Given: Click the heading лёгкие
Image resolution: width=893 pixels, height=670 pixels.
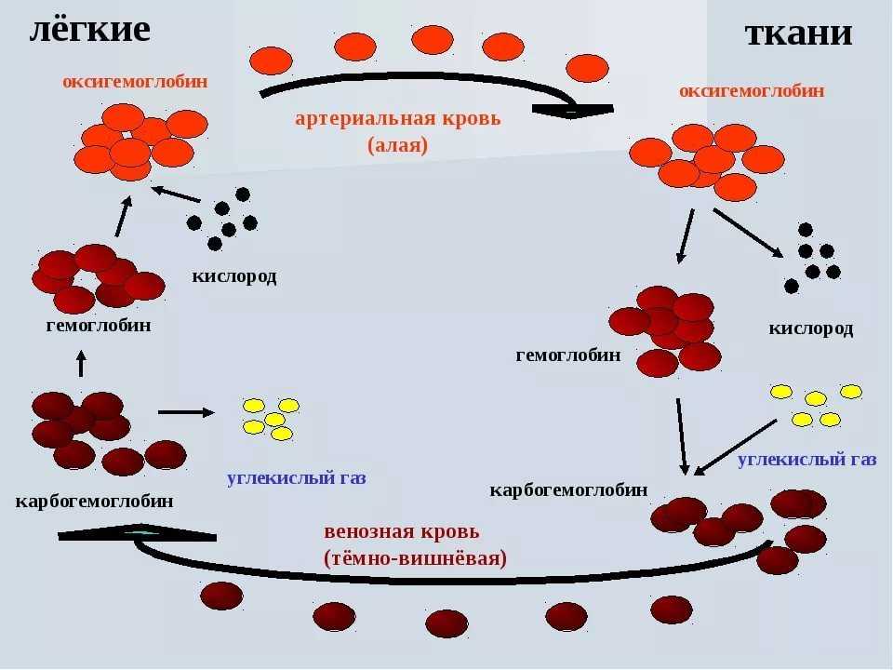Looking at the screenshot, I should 89,29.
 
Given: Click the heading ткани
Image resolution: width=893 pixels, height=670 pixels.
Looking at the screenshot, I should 798,33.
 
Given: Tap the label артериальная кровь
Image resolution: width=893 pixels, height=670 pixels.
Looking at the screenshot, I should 397,118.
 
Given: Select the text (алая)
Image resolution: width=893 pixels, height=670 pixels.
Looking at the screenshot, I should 397,145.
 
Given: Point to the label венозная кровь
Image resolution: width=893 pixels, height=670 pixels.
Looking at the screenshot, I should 402,531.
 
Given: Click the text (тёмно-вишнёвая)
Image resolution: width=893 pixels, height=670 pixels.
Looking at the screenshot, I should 416,558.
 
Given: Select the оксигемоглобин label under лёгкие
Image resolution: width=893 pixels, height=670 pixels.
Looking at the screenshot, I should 135,82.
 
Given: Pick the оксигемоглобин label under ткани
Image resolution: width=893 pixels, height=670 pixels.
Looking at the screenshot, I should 752,90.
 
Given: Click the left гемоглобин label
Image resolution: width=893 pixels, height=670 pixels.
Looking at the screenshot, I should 99,326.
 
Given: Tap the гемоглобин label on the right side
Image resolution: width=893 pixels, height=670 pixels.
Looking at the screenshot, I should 568,355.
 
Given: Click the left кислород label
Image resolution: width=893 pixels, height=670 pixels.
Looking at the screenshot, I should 234,276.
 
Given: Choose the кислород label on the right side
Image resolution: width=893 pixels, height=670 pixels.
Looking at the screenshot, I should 810,328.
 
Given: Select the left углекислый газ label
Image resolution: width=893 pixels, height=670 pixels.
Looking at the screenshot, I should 297,478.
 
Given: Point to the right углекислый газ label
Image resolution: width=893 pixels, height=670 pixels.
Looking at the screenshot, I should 806,459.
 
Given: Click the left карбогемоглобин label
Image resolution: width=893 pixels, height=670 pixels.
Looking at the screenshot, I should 94,502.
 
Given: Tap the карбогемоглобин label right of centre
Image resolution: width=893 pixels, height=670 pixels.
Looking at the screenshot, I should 568,489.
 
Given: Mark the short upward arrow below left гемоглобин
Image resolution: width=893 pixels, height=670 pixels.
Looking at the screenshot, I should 81,362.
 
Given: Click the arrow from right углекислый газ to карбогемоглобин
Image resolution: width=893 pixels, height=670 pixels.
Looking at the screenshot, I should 735,446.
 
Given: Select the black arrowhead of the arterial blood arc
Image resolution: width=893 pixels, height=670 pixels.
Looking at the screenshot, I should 573,111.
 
